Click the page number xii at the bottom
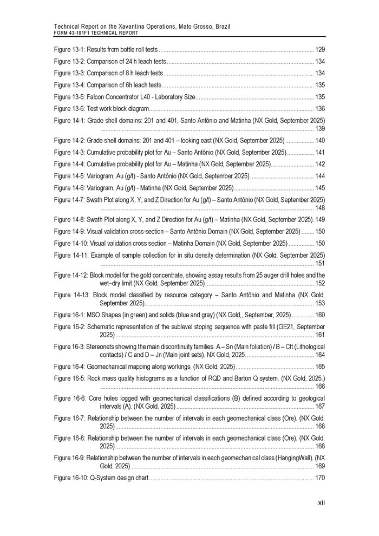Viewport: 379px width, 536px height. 321,503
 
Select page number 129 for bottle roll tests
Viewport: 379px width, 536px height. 319,49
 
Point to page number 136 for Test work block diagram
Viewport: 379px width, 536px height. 319,109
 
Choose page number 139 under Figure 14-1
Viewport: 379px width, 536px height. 319,128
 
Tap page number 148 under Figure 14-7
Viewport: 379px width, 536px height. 319,208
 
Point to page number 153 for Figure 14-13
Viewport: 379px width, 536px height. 319,303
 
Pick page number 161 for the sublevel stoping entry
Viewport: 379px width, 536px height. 319,335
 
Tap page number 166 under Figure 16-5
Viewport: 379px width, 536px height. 319,387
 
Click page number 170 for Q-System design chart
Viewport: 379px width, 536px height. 319,478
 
